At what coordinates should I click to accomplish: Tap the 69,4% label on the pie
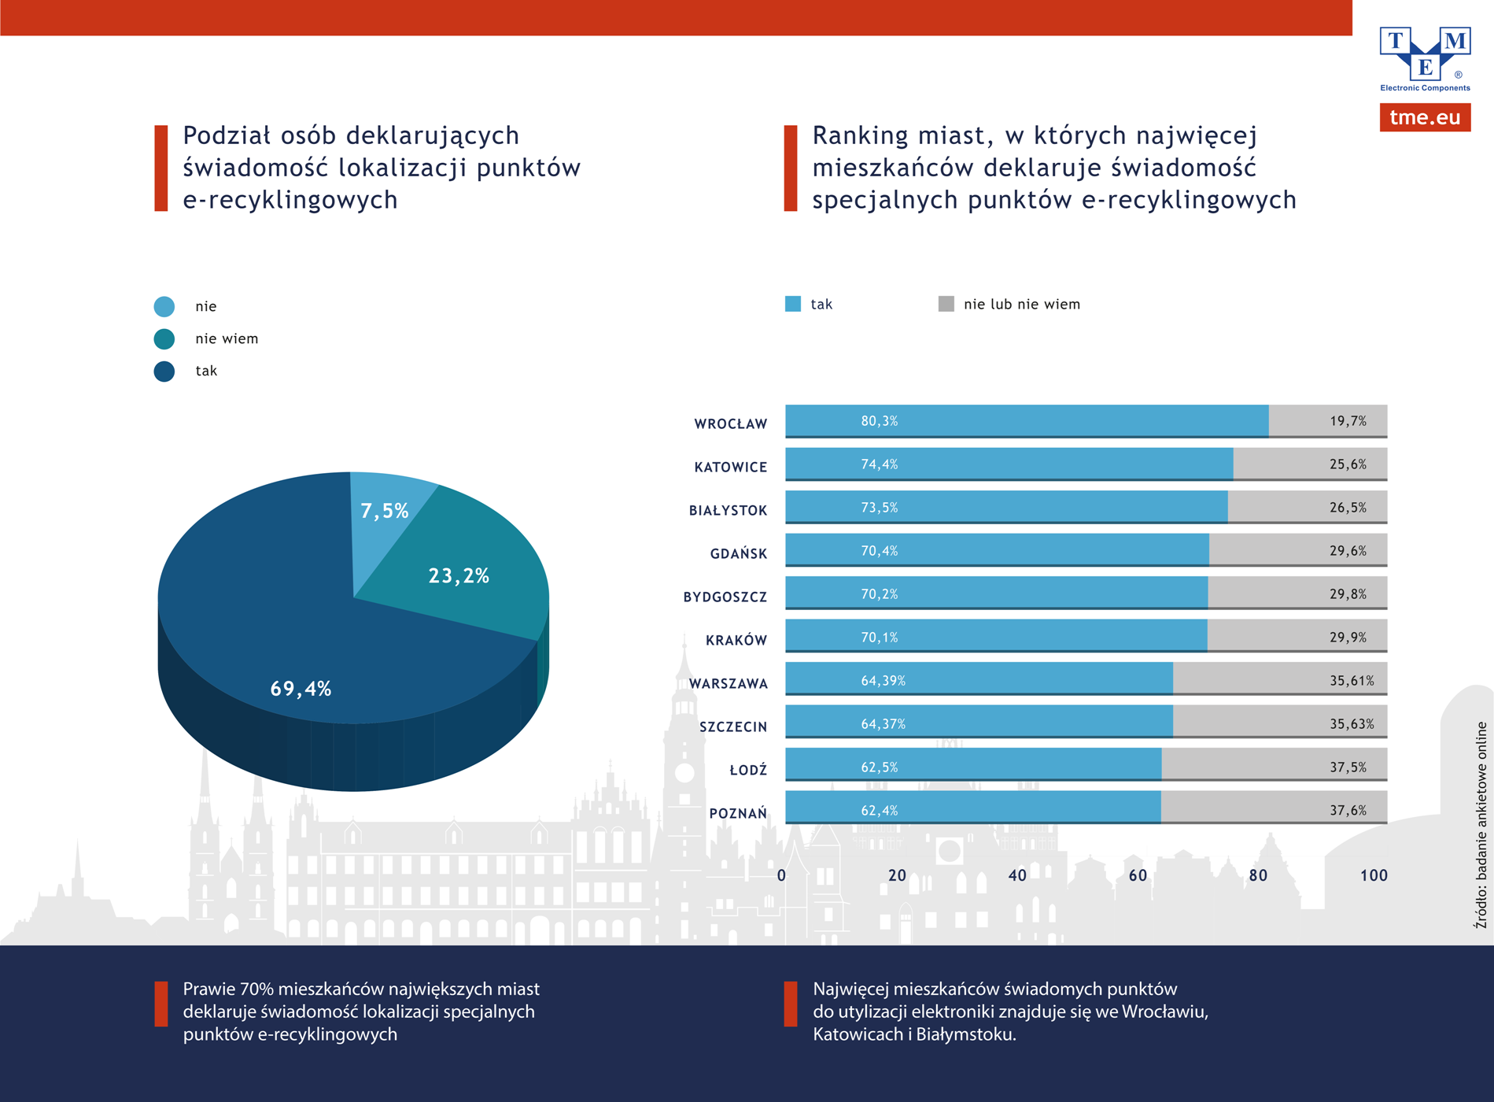pos(301,690)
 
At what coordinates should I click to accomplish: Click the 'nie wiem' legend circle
pos(164,339)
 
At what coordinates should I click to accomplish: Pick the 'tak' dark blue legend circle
pos(164,372)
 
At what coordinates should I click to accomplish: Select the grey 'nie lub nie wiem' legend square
pos(946,304)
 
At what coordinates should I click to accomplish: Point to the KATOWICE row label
pos(730,468)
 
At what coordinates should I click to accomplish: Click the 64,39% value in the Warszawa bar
pos(883,681)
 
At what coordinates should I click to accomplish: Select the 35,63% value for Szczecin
pos(1352,724)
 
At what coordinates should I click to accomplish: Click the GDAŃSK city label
pos(738,554)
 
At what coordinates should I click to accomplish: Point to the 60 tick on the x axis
pos(1138,875)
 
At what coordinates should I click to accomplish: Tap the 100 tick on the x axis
pos(1374,875)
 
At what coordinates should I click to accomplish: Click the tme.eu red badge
pos(1425,117)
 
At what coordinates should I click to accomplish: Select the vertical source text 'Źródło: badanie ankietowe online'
pos(1481,825)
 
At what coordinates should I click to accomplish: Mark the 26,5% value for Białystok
pos(1348,508)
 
